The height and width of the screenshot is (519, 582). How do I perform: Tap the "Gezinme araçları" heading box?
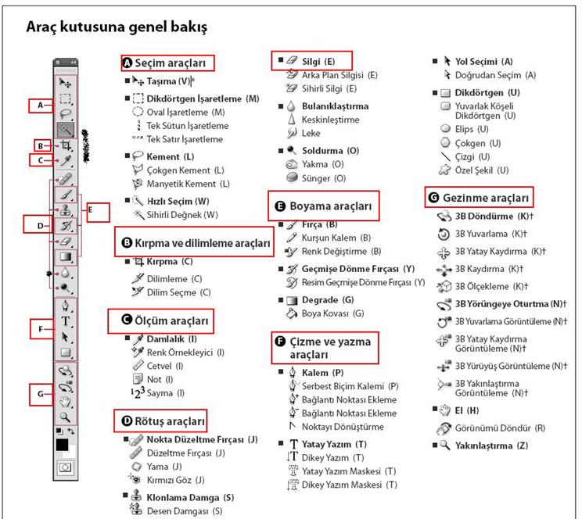[x=480, y=197]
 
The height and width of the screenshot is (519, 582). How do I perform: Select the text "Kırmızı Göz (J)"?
[x=176, y=478]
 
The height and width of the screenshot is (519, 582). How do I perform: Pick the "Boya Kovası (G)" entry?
[x=325, y=313]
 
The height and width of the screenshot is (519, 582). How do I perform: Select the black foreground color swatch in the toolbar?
[x=62, y=445]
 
